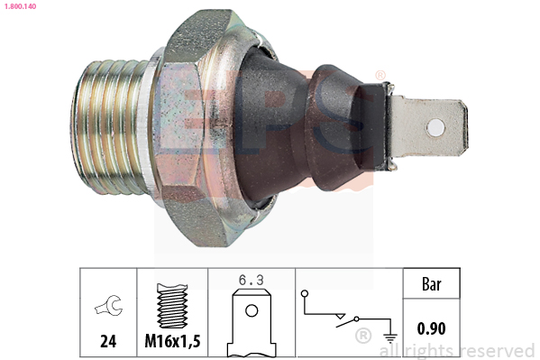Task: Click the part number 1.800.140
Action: click(20, 6)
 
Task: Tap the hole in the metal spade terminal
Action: click(435, 127)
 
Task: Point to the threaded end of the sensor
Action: click(107, 127)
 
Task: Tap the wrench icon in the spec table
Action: click(109, 305)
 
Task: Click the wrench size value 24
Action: click(108, 341)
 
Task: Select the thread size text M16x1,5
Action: click(172, 341)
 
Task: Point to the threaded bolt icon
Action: click(172, 306)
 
